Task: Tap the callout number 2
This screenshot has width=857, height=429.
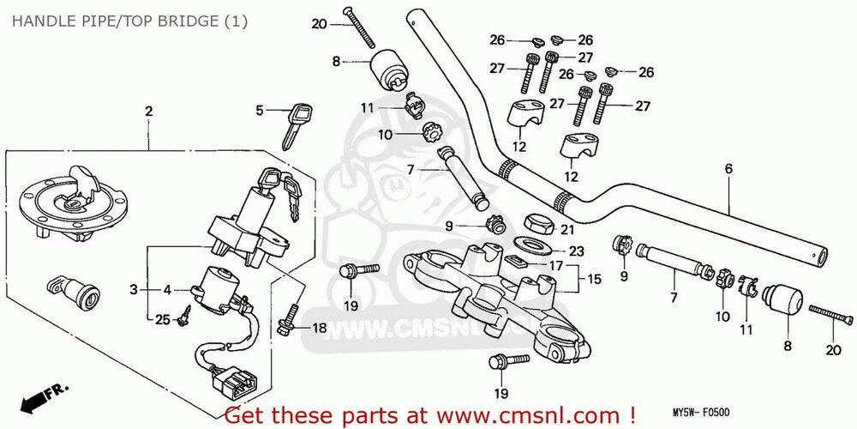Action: click(x=148, y=112)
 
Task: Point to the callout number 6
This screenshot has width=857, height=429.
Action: click(x=728, y=169)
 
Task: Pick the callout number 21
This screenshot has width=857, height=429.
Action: click(x=566, y=229)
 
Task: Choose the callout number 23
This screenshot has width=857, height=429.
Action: click(x=576, y=252)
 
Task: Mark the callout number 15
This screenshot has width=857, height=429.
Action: click(x=593, y=280)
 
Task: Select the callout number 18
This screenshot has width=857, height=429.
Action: click(x=319, y=328)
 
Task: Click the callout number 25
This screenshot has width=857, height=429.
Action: click(x=163, y=320)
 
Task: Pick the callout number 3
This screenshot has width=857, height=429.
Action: click(x=134, y=290)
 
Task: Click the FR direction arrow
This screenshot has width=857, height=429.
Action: click(x=43, y=396)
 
